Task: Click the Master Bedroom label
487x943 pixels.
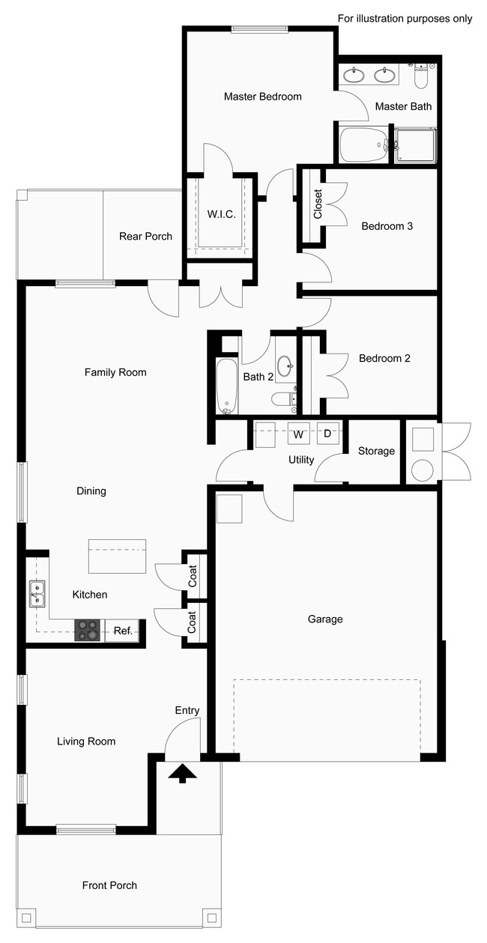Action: coord(262,97)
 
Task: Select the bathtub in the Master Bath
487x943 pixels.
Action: coord(363,145)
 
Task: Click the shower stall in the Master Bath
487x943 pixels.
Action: coord(415,145)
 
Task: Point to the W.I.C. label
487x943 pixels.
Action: coord(221,215)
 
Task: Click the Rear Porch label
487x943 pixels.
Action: coord(145,237)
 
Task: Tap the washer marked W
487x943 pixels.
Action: coord(298,434)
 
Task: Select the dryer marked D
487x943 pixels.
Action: coord(327,434)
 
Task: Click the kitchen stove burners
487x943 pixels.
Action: coord(88,630)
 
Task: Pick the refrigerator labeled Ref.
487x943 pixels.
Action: coord(123,631)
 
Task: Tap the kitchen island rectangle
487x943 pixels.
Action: coord(117,556)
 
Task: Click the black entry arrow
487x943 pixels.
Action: coord(182,774)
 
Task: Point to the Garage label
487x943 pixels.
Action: coord(325,619)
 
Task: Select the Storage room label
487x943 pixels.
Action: coord(376,451)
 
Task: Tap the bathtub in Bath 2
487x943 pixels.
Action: coord(227,386)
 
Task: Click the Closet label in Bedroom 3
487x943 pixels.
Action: coord(318,204)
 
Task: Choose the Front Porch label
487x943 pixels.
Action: coord(109,885)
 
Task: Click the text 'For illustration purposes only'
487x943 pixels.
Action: coord(405,18)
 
